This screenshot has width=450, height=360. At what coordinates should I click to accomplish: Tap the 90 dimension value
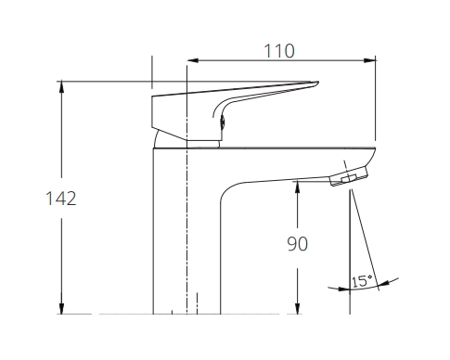(297, 243)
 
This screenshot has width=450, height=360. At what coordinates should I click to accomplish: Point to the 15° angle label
(361, 280)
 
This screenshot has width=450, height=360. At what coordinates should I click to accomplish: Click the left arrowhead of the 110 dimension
(193, 62)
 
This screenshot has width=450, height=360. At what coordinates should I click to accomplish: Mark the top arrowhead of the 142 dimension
(62, 86)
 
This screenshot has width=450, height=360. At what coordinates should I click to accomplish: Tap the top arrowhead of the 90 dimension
(297, 185)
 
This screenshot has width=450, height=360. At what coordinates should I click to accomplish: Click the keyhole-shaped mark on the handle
(221, 115)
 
